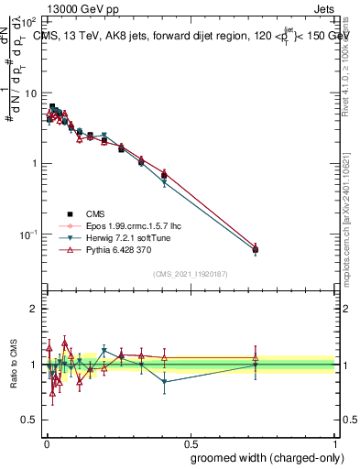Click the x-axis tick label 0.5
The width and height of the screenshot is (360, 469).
coord(191,442)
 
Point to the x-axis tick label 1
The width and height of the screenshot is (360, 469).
coord(335,442)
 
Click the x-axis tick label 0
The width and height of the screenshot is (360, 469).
coord(46,442)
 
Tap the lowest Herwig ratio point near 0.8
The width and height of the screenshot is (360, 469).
coord(164,382)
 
